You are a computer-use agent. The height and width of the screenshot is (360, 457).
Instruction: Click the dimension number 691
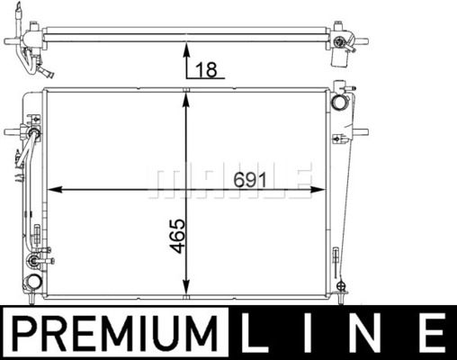click(x=250, y=180)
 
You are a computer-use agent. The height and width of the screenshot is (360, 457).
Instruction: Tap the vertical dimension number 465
click(x=177, y=236)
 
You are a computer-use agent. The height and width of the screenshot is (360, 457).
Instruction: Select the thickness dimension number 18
click(x=206, y=70)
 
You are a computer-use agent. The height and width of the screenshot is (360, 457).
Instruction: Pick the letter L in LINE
click(x=255, y=333)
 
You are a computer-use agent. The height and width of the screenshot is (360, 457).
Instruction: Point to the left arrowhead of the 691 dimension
click(x=55, y=190)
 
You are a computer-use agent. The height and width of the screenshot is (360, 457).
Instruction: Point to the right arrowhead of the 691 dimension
click(x=318, y=190)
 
